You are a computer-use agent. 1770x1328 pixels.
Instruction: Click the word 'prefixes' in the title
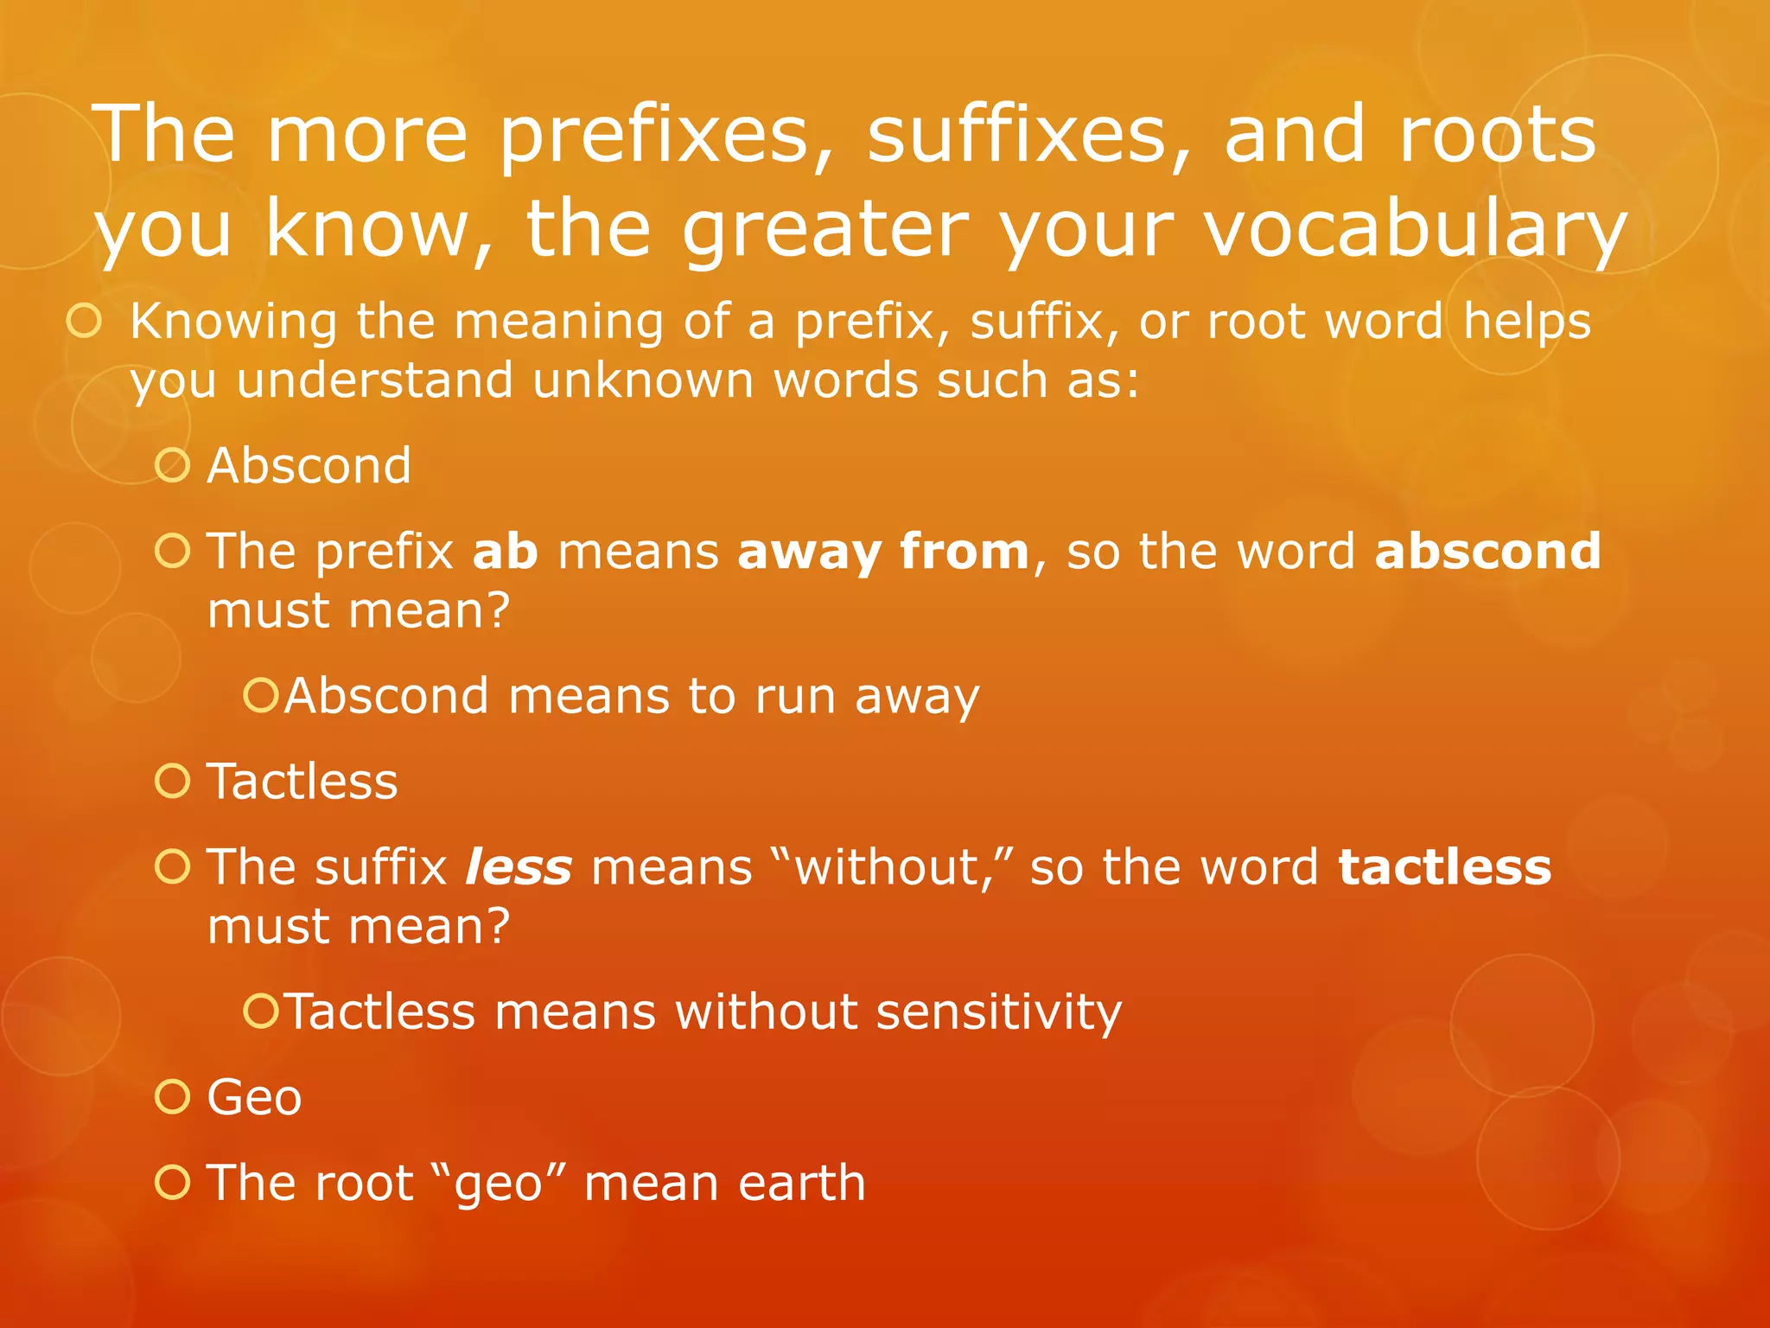click(x=654, y=136)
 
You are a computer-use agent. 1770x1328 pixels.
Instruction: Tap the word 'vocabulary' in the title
click(x=1416, y=229)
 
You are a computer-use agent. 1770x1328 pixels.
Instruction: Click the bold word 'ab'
click(x=506, y=551)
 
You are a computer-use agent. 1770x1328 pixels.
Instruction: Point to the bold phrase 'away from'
click(x=883, y=552)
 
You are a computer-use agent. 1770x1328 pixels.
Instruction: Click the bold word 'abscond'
click(x=1487, y=551)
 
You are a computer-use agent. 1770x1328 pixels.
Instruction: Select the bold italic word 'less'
click(x=519, y=866)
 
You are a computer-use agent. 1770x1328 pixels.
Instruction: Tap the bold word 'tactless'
click(x=1444, y=866)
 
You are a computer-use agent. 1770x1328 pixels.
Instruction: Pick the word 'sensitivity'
click(x=998, y=1011)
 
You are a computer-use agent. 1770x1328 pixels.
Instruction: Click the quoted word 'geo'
click(x=499, y=1183)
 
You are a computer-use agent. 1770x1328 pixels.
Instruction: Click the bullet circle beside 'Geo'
click(x=173, y=1096)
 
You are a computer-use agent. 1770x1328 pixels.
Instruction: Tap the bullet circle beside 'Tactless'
click(x=173, y=781)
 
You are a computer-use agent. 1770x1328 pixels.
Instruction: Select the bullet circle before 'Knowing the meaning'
click(x=85, y=321)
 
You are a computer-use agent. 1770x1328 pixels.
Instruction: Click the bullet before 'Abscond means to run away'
click(x=260, y=695)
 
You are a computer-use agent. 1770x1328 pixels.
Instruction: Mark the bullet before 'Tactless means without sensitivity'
click(x=260, y=1011)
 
